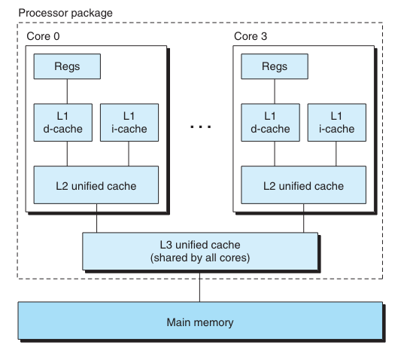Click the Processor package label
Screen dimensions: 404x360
click(x=65, y=13)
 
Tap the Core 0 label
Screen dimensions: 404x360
click(x=43, y=36)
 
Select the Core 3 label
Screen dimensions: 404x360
click(x=251, y=36)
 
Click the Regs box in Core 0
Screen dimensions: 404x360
click(x=67, y=66)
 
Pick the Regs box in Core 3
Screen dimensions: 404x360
click(x=275, y=66)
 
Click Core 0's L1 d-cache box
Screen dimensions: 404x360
click(x=63, y=123)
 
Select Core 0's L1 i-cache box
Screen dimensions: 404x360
click(x=129, y=123)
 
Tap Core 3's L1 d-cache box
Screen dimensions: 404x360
click(x=271, y=123)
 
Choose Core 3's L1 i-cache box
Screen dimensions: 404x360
click(x=337, y=123)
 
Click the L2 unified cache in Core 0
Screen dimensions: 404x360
click(x=96, y=185)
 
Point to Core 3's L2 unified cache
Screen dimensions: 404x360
click(x=303, y=185)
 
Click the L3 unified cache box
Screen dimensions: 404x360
click(x=200, y=252)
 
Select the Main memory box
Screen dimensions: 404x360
click(x=200, y=321)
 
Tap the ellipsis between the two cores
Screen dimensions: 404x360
click(x=200, y=127)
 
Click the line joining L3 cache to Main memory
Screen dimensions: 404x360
click(x=199, y=286)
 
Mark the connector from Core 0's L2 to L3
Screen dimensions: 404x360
click(x=96, y=218)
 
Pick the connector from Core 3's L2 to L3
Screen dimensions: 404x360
click(x=303, y=218)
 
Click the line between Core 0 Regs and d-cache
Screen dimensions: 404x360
click(x=67, y=92)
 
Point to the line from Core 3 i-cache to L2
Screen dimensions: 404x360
click(x=336, y=154)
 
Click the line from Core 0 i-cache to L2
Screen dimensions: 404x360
click(x=129, y=154)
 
